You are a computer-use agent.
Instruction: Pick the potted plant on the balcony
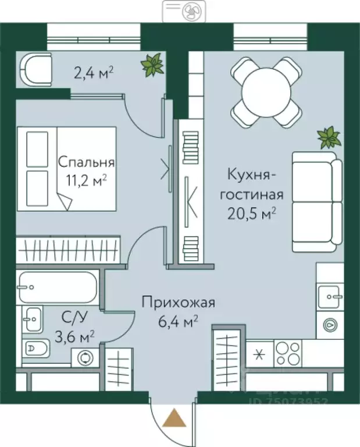pos(153,64)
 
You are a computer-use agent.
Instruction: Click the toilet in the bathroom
pos(38,349)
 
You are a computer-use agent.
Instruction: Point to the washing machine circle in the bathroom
pos(87,357)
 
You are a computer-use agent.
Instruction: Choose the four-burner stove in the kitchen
pos(288,352)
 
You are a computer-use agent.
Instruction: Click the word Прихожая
pos(179,302)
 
